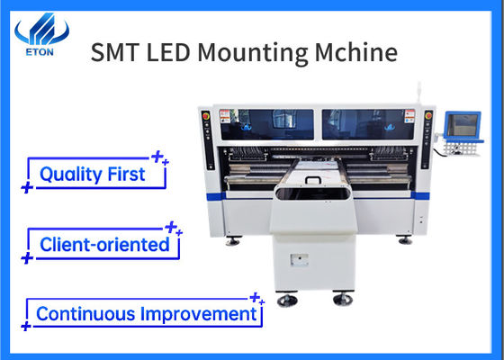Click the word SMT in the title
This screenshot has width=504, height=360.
(114, 52)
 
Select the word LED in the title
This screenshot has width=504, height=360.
(168, 52)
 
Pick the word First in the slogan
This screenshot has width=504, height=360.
(125, 175)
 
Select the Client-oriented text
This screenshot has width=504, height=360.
(104, 243)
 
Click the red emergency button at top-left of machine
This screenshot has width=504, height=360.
(206, 115)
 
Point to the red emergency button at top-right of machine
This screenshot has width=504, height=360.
(428, 115)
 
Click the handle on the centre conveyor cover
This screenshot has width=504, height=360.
(314, 178)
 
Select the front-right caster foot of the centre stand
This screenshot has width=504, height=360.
(343, 299)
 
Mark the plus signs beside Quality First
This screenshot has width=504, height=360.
(159, 159)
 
